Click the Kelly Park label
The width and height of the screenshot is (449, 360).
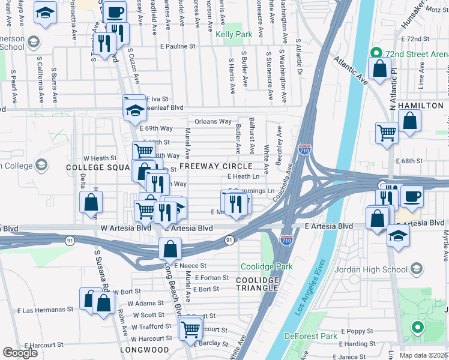click(234, 35)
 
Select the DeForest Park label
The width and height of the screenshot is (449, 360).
click(311, 336)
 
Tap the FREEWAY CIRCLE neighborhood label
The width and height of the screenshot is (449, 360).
click(215, 166)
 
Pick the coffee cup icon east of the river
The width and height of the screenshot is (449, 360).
click(412, 196)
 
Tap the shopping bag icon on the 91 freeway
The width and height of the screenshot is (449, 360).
click(170, 248)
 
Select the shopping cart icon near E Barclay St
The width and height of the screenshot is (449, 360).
click(190, 328)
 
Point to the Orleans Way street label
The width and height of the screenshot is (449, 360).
click(213, 121)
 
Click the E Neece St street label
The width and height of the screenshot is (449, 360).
click(190, 265)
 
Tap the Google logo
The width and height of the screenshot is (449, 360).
click(20, 353)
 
